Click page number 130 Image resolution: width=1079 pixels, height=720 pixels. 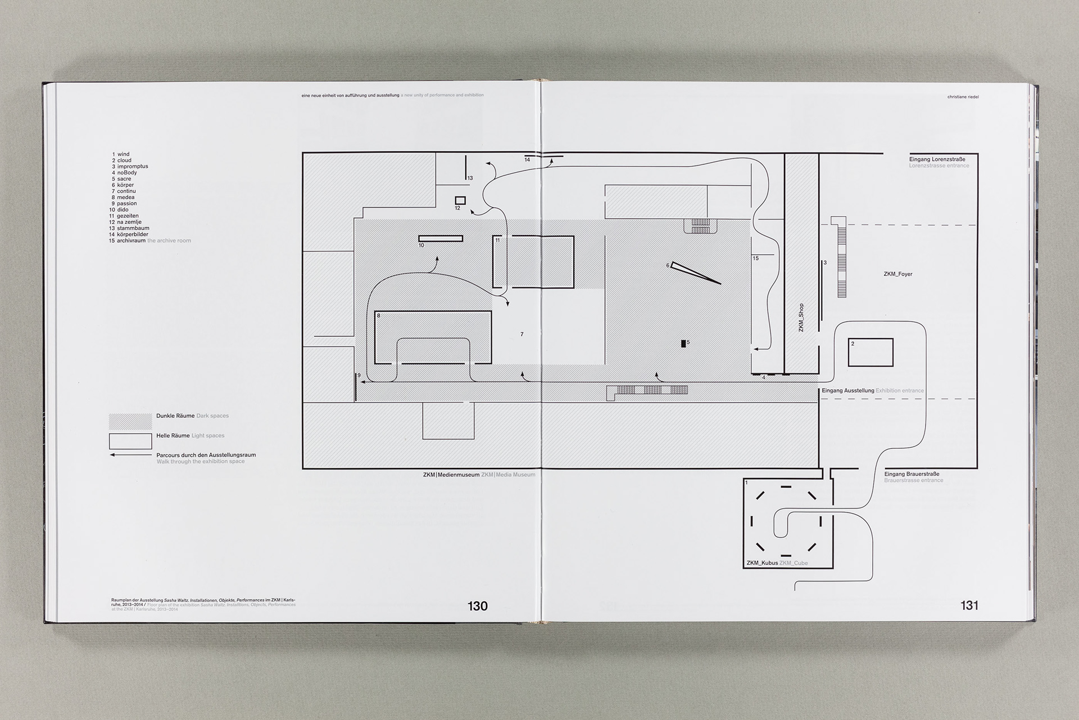tap(477, 606)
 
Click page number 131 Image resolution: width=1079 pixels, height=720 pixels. tap(969, 605)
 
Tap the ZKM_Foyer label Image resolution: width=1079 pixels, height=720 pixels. tap(897, 274)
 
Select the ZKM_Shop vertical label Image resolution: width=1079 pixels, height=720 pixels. tap(801, 318)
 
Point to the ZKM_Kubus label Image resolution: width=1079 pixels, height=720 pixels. tap(762, 562)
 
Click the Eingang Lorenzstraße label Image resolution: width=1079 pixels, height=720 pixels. tap(937, 159)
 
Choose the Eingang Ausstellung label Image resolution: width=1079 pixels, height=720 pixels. tap(847, 390)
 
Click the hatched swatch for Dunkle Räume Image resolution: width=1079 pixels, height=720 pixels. tap(130, 421)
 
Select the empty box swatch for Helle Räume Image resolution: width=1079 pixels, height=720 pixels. tap(130, 441)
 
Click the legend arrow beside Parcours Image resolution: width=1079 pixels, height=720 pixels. tap(130, 454)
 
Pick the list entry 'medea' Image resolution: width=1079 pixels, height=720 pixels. tap(126, 197)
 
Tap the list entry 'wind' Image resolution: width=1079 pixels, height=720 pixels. tap(123, 154)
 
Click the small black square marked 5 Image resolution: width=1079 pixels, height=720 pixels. tap(683, 343)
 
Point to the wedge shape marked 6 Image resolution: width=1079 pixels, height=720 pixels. tap(695, 272)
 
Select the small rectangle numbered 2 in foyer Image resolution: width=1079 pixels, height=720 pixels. tap(870, 353)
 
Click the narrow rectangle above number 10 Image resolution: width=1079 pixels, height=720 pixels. tap(441, 238)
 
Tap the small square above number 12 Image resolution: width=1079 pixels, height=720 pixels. tap(460, 200)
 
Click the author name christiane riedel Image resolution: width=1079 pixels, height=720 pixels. tap(963, 97)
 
